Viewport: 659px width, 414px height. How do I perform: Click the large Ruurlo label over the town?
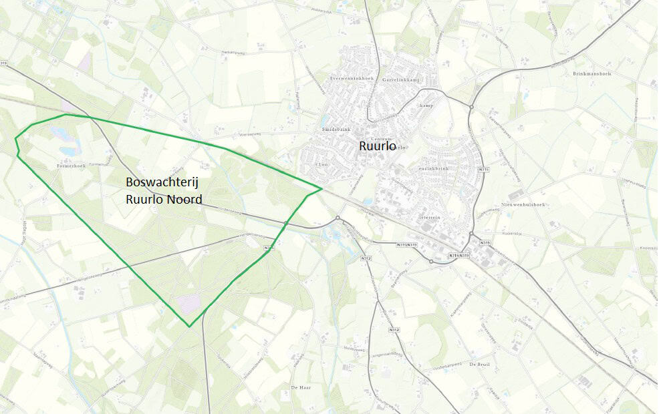tap(378, 146)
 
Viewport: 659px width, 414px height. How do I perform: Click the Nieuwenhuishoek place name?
tap(523, 204)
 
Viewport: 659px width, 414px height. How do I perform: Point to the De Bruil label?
tap(480, 365)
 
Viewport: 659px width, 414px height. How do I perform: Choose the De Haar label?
tap(302, 387)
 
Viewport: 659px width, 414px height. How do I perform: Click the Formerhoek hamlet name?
tap(71, 166)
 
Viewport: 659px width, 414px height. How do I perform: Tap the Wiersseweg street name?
tap(247, 134)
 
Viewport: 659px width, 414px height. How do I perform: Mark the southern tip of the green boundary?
tap(190, 327)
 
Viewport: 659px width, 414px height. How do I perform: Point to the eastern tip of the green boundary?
tap(322, 188)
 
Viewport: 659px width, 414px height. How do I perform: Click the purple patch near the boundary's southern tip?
tap(188, 301)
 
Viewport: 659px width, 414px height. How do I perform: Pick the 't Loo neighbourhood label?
tap(321, 164)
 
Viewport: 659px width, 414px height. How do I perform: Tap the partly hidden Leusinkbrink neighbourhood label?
tap(437, 169)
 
